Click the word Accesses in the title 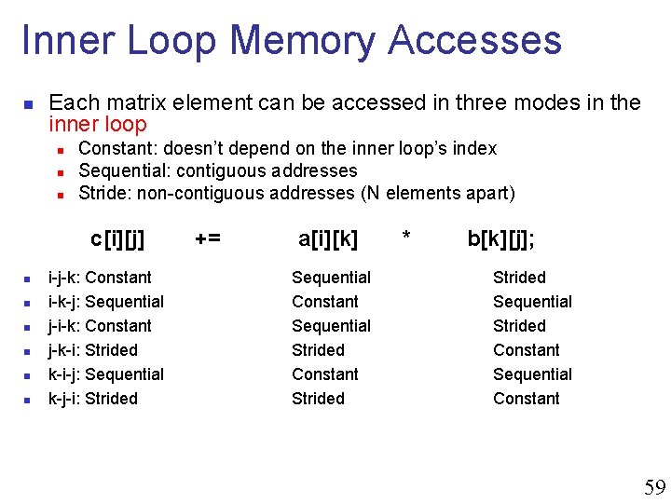(475, 41)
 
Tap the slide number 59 (655, 487)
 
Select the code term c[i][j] (117, 239)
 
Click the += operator (208, 239)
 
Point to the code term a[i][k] (328, 239)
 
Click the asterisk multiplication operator (405, 239)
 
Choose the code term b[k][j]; (501, 239)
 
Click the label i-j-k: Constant (100, 278)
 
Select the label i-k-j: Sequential (105, 302)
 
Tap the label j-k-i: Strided (92, 350)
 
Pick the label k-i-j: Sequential (105, 374)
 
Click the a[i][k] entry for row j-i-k (331, 326)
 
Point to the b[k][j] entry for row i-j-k (519, 278)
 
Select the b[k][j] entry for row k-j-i (527, 399)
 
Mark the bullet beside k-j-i (28, 400)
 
